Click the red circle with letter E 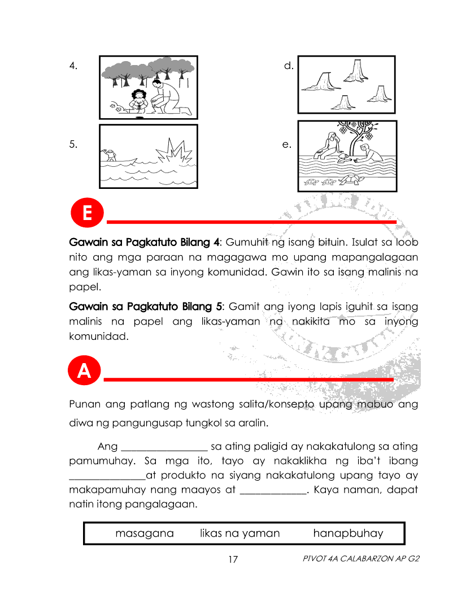(x=87, y=213)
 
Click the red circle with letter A (x=84, y=370)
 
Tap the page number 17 (x=233, y=560)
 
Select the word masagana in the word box (x=145, y=533)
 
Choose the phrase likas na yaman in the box (x=240, y=533)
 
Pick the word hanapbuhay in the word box (x=348, y=533)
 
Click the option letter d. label (x=289, y=66)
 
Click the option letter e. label (x=287, y=144)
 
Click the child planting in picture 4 (x=138, y=100)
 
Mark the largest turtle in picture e (x=351, y=180)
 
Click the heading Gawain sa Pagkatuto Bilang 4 (x=143, y=242)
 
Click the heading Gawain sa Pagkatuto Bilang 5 (x=143, y=307)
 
